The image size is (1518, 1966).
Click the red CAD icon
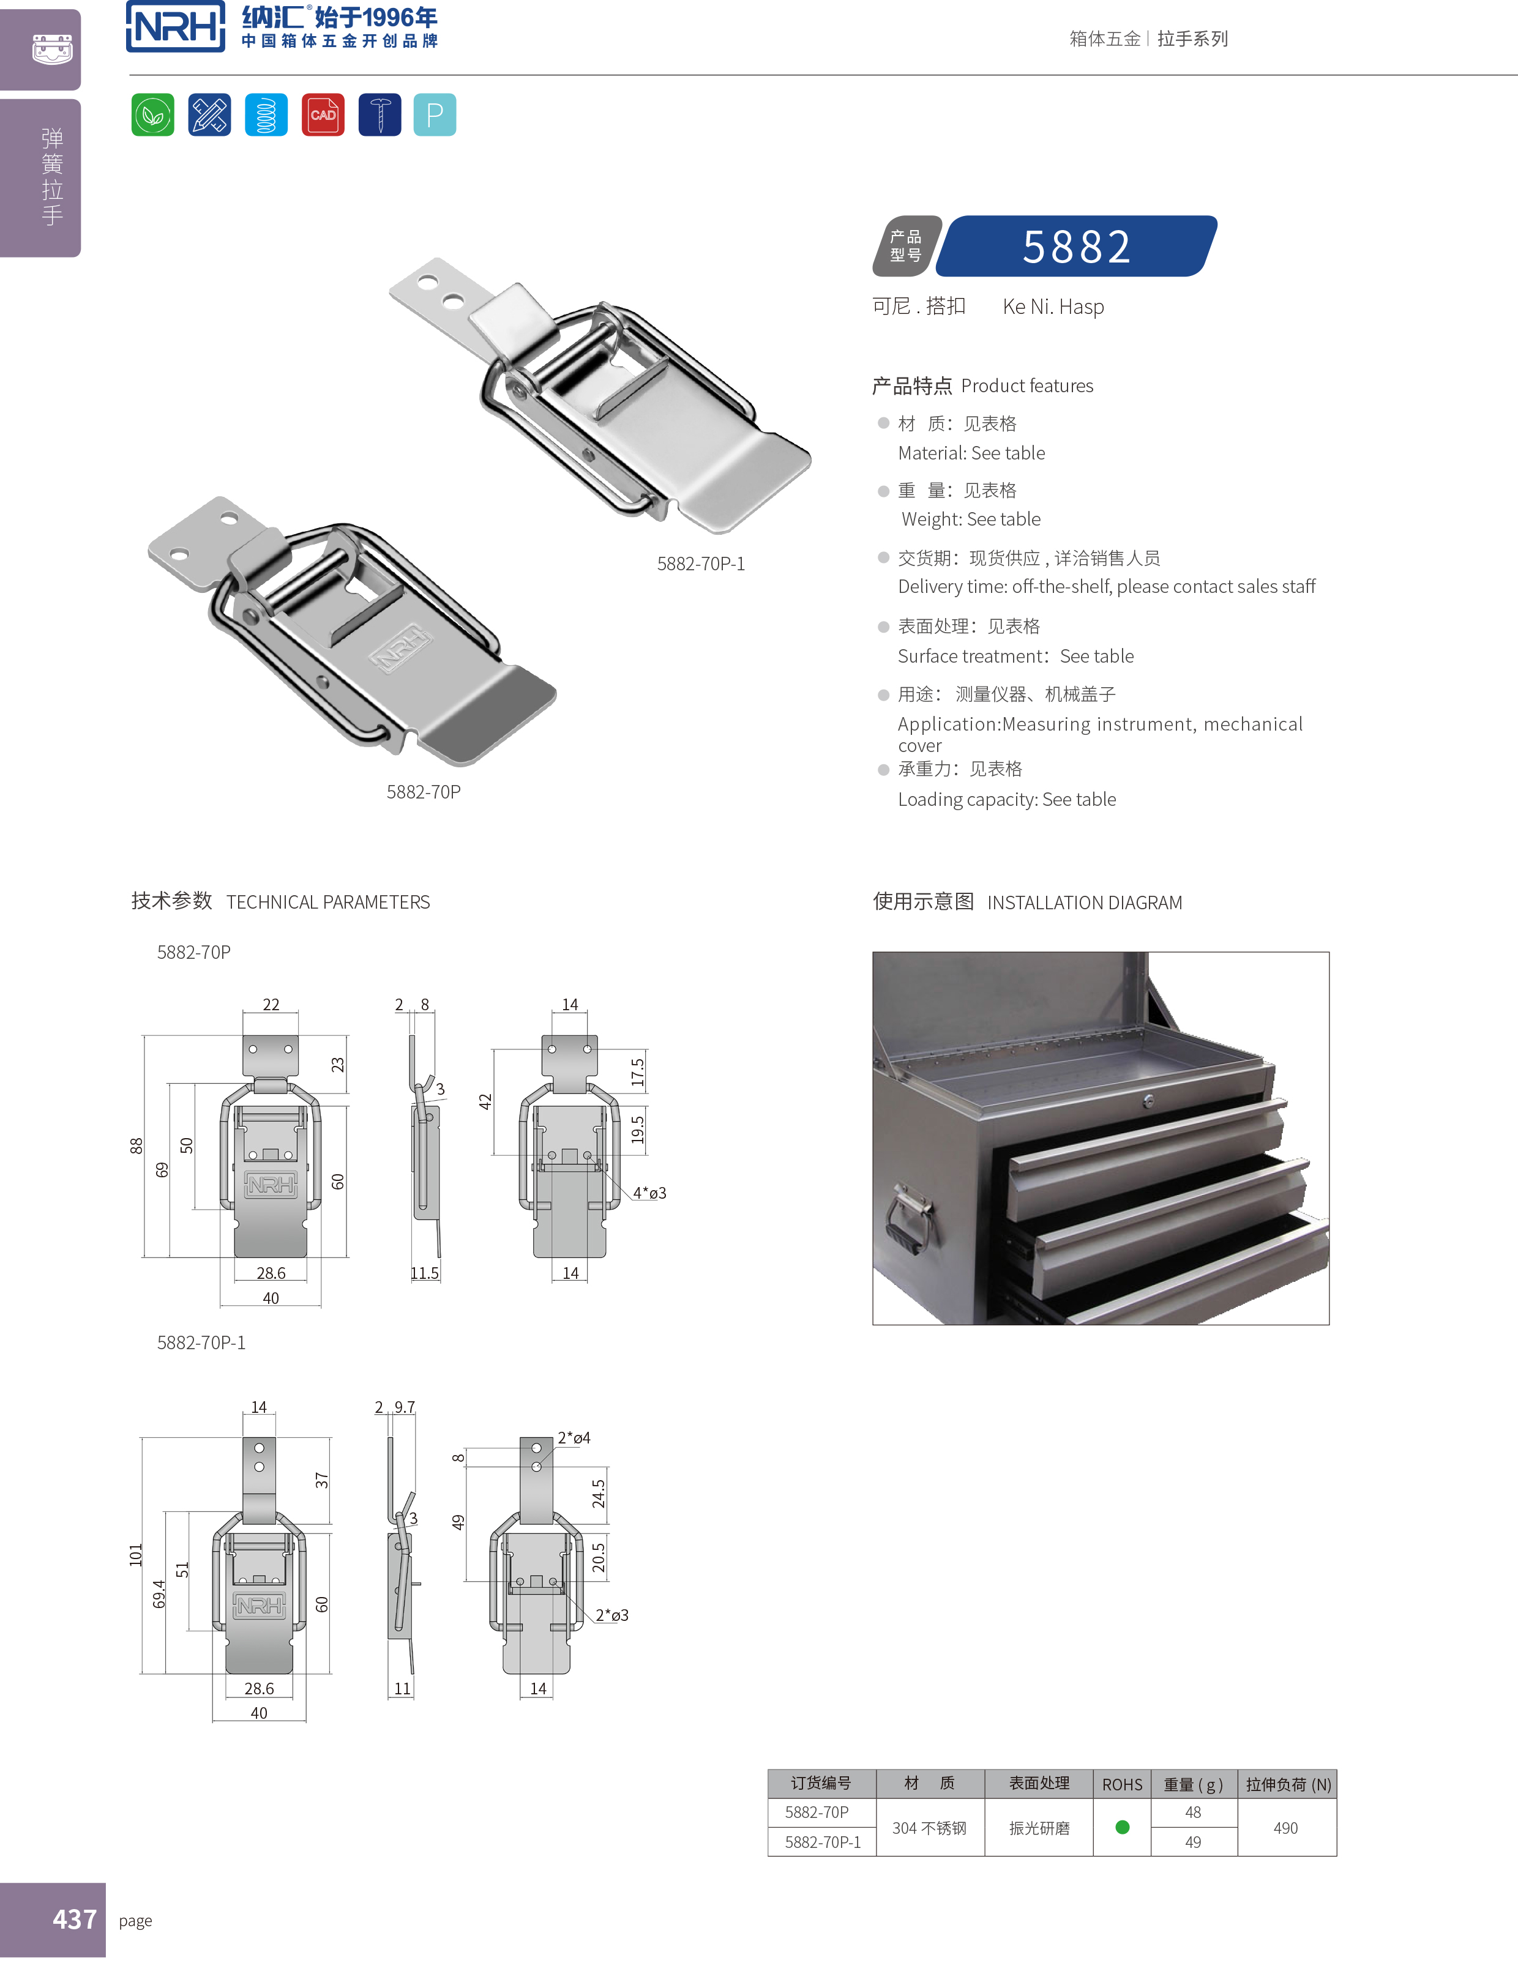323,114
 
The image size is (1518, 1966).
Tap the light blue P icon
435,114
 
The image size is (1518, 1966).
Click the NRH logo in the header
176,27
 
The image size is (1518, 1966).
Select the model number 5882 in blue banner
1077,247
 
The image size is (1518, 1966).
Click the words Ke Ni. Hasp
1053,307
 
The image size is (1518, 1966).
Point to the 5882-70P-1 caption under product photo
700,564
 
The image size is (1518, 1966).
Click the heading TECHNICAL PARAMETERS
327,902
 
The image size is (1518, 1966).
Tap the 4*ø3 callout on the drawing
649,1193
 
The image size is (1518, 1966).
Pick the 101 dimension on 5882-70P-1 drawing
136,1555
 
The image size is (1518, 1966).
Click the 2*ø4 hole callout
574,1437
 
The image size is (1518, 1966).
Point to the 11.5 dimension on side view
424,1273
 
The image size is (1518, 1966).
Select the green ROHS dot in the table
1122,1827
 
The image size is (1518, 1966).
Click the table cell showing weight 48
1193,1812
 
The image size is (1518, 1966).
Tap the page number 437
74,1919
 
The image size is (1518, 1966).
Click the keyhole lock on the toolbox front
1148,1101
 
